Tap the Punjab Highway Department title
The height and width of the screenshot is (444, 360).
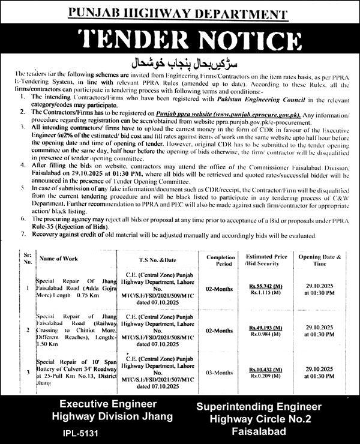180,10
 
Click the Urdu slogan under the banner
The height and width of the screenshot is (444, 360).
180,63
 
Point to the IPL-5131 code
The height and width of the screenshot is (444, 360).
78,431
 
